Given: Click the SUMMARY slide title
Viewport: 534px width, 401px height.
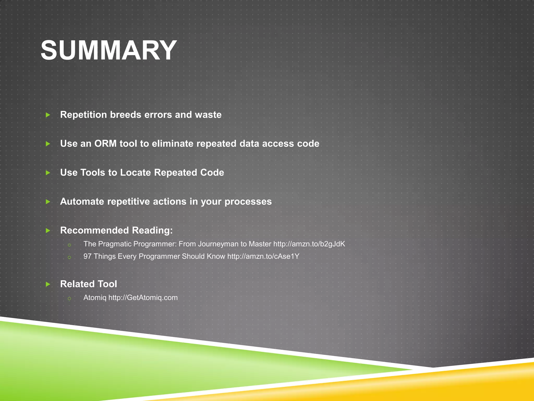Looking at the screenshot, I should coord(109,50).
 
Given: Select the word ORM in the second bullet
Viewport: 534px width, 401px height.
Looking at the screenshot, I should coord(105,144).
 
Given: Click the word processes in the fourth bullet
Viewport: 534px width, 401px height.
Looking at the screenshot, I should coord(248,202).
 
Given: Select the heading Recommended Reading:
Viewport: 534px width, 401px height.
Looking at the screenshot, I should coord(116,230).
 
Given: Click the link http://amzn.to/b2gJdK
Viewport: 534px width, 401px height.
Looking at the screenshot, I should coord(309,244).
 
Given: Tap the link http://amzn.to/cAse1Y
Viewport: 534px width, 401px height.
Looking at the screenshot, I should coord(263,256).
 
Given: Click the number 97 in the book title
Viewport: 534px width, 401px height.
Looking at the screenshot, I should coord(87,256).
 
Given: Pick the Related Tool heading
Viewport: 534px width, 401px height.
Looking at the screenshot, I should coord(89,284).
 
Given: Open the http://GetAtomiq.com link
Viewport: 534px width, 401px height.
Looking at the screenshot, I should coord(143,298).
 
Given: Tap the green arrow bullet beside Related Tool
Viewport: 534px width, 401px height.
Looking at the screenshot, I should coord(48,284).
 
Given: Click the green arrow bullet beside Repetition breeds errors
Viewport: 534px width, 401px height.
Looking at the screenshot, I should coord(48,115).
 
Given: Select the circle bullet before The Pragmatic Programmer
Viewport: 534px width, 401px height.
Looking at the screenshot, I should coord(69,245).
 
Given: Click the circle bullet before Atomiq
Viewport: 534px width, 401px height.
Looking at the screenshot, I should coord(69,298).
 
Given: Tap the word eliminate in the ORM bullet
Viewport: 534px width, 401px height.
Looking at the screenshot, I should coord(173,144).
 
